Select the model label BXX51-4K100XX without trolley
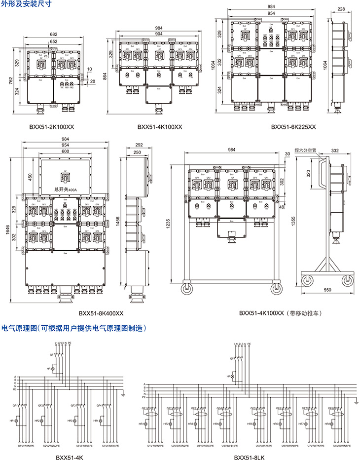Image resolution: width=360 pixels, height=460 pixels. click(160, 127)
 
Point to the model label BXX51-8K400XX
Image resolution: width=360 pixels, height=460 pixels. click(101, 313)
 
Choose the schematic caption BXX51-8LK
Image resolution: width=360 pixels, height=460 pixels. click(248, 456)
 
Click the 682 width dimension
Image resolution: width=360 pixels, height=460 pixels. click(53, 34)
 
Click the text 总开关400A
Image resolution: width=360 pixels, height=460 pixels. click(66, 189)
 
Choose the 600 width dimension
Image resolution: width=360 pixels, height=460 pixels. click(66, 151)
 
